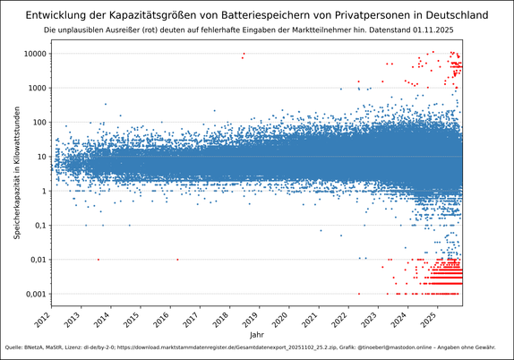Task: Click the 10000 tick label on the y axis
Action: pos(34,54)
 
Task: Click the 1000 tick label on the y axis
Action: pos(36,88)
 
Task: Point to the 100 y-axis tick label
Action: pos(39,122)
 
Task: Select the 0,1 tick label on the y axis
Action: pos(39,225)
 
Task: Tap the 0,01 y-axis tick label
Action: pos(37,260)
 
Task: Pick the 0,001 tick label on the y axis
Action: pos(34,294)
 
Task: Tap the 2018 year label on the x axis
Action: pos(223,315)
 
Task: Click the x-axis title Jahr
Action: pos(257,334)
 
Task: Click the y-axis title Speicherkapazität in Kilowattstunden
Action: pos(17,170)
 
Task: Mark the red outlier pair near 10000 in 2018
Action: pos(243,56)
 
